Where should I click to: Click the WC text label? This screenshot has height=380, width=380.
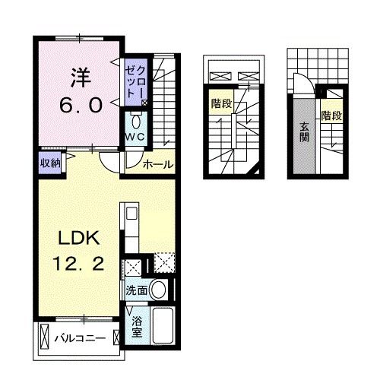coord(135,137)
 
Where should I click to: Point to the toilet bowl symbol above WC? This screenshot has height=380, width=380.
coord(136,122)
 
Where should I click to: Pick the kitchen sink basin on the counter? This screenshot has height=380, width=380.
coord(128,213)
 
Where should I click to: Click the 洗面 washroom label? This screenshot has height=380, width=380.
coord(136,290)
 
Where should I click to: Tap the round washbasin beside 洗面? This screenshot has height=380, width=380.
coord(159,289)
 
